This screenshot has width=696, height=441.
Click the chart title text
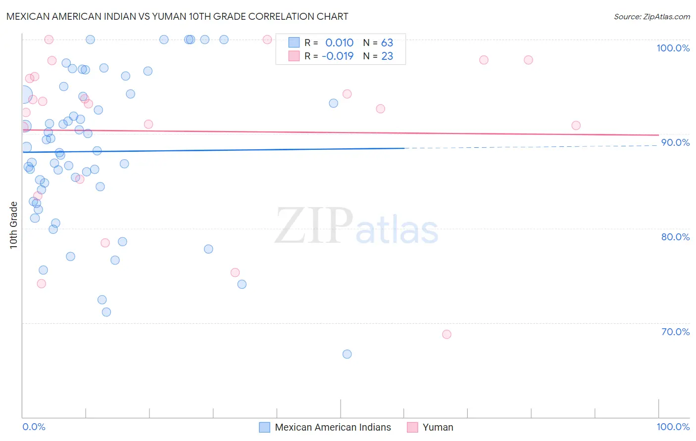click(177, 16)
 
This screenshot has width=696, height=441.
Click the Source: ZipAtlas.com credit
click(651, 16)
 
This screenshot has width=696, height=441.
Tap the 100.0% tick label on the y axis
click(673, 48)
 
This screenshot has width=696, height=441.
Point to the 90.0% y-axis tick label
click(675, 142)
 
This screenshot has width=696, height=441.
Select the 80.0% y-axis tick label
click(675, 237)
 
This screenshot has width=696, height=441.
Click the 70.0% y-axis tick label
click(675, 332)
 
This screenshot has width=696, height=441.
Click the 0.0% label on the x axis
click(34, 427)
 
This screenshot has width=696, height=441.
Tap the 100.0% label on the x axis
click(673, 427)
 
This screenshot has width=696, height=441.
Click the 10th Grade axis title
click(14, 225)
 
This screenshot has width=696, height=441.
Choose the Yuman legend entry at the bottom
click(438, 427)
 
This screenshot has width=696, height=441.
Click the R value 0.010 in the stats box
click(339, 43)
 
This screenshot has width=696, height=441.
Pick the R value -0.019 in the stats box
click(338, 56)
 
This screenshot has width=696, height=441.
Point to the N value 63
click(387, 43)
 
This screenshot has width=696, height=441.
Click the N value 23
click(387, 56)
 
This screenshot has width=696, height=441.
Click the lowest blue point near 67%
click(347, 354)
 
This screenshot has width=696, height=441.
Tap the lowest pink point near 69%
click(447, 334)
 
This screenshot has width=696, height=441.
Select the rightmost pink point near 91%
click(576, 126)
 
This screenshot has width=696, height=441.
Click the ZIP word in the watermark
click(314, 226)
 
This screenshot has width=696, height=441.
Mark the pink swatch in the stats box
click(294, 56)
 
